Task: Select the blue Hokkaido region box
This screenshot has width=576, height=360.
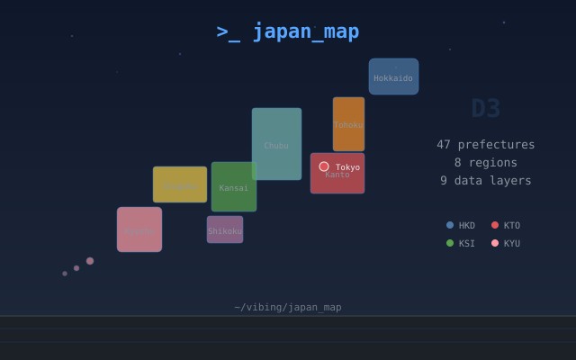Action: pyautogui.click(x=393, y=76)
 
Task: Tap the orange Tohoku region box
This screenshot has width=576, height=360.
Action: pyautogui.click(x=348, y=124)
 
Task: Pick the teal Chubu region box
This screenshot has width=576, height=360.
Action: pyautogui.click(x=276, y=144)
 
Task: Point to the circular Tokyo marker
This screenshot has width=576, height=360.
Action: pyautogui.click(x=324, y=166)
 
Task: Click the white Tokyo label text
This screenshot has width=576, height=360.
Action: pyautogui.click(x=347, y=167)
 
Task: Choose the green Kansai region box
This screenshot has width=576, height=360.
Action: pyautogui.click(x=234, y=187)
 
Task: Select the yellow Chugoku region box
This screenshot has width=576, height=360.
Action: pyautogui.click(x=180, y=184)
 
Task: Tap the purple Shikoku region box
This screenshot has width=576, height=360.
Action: pyautogui.click(x=225, y=229)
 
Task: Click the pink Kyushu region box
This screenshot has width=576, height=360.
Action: pyautogui.click(x=139, y=229)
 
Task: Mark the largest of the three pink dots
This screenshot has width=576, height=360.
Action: pyautogui.click(x=90, y=261)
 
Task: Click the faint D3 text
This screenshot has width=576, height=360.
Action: pyautogui.click(x=486, y=108)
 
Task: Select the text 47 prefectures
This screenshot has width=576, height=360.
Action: pyautogui.click(x=486, y=144)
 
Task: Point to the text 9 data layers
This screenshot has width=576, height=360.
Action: pyautogui.click(x=486, y=180)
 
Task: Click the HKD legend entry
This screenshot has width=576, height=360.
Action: pyautogui.click(x=461, y=225)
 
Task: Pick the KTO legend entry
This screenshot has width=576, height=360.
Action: pyautogui.click(x=506, y=225)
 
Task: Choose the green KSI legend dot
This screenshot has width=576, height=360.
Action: pyautogui.click(x=450, y=243)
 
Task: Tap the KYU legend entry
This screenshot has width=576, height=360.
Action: pyautogui.click(x=506, y=243)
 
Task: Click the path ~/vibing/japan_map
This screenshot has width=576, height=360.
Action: pyautogui.click(x=288, y=307)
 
